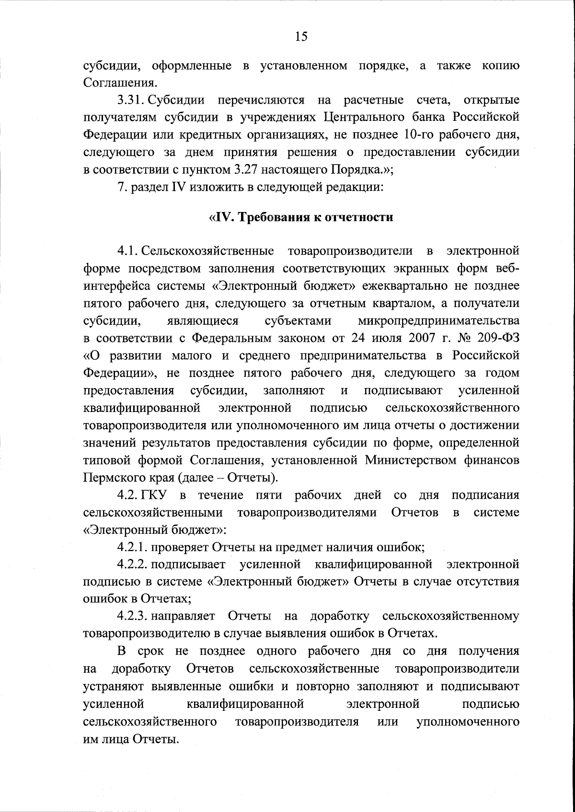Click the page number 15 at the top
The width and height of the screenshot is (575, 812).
301,36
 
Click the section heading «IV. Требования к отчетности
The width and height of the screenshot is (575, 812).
301,217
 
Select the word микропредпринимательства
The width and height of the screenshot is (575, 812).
438,320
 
